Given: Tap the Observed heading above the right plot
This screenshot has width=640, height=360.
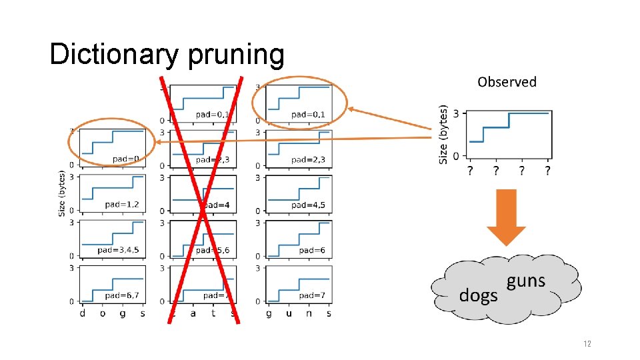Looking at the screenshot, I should click(507, 82).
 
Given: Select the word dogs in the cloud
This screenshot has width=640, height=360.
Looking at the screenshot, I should click(478, 295).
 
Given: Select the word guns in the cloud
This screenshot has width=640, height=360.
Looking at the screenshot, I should click(525, 281).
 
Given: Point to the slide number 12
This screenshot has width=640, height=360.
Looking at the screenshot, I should click(587, 344).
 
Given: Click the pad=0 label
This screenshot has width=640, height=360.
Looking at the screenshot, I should click(125, 159).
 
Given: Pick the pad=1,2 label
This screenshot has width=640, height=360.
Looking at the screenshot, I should click(121, 204).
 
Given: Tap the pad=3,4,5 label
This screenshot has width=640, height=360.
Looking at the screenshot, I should click(118, 250).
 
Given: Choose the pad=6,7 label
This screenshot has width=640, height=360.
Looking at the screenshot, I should click(121, 295).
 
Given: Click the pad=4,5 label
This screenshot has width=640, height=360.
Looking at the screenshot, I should click(308, 205).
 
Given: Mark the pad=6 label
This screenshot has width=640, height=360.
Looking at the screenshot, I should click(312, 250).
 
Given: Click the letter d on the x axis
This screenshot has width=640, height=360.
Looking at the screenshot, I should click(83, 313).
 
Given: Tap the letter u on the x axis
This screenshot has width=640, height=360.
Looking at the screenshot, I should click(289, 313).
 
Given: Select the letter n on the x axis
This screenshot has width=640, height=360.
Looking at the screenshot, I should click(309, 313).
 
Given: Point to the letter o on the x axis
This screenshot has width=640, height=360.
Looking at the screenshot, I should click(103, 313).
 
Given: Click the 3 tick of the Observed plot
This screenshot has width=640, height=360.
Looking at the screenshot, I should click(456, 113).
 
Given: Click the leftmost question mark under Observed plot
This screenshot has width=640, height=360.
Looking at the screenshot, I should click(471, 171).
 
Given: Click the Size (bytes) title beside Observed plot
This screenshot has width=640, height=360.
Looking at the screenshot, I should click(443, 133).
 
